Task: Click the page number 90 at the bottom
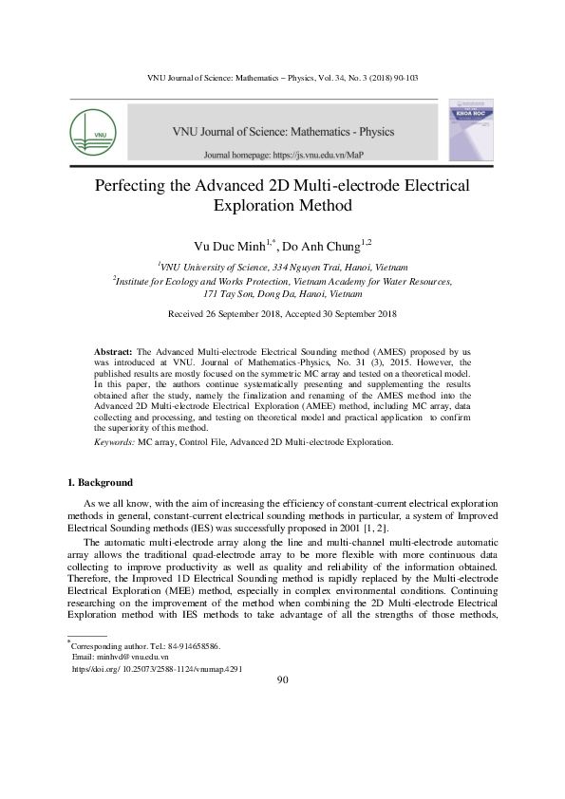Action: pos(282,679)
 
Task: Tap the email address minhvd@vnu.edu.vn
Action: pos(120,657)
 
